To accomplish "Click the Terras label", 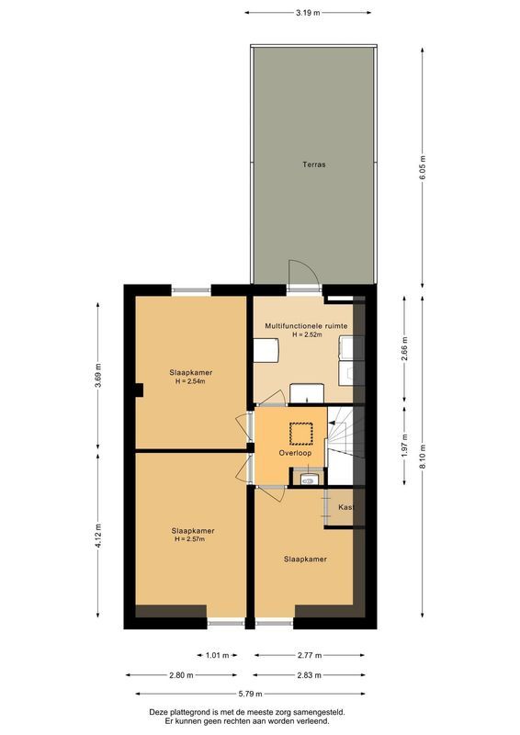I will pyautogui.click(x=314, y=165).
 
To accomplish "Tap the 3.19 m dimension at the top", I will pyautogui.click(x=309, y=13).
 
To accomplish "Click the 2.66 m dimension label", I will pyautogui.click(x=405, y=350).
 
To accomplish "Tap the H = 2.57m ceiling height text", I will pyautogui.click(x=193, y=539).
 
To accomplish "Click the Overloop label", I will pyautogui.click(x=296, y=454).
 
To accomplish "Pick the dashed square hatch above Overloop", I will pyautogui.click(x=301, y=431).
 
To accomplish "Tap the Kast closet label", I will pyautogui.click(x=345, y=508).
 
